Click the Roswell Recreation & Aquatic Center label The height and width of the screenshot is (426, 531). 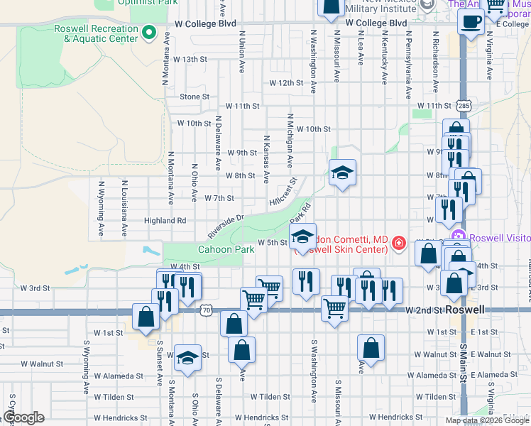(95, 33)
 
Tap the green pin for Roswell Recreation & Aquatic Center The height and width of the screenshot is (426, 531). (149, 32)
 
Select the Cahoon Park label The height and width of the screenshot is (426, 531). (226, 250)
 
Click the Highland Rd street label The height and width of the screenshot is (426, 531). (165, 221)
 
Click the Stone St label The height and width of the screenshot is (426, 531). (195, 97)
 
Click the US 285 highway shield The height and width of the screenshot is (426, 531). (464, 105)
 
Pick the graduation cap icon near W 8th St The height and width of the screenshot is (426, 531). (342, 173)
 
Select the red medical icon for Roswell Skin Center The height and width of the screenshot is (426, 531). (400, 244)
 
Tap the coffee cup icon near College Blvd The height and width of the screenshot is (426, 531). (471, 21)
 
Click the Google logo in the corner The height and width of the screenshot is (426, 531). (23, 417)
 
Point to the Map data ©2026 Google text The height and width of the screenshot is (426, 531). (488, 420)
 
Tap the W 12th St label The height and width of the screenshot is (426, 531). (287, 83)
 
